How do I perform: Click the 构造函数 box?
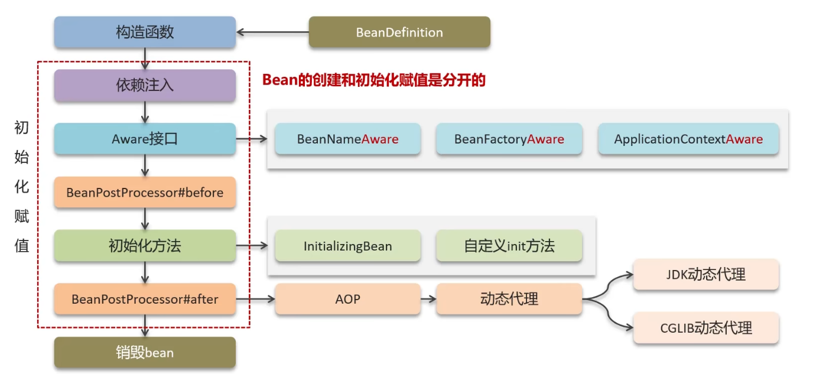[x=145, y=32]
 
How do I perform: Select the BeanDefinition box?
[x=399, y=32]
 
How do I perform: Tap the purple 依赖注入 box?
[x=145, y=85]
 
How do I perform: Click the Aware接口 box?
[x=145, y=139]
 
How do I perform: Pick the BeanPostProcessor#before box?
[x=145, y=193]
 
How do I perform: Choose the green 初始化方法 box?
[x=145, y=246]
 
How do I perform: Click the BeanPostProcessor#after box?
[x=145, y=299]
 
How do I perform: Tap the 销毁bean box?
[x=145, y=353]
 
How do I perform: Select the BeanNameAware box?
[x=347, y=139]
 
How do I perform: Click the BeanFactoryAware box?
[x=509, y=139]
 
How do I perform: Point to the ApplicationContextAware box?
[x=688, y=139]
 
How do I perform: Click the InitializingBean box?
[x=347, y=246]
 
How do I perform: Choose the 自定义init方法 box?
[x=509, y=246]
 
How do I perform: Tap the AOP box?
[x=347, y=299]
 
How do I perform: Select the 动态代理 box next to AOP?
[x=509, y=299]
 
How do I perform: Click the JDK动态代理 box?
[x=705, y=274]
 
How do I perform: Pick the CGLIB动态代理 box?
[x=705, y=328]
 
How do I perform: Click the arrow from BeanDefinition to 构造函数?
[x=272, y=32]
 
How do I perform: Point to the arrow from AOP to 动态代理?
[x=428, y=299]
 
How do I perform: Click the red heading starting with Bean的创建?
[x=373, y=80]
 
